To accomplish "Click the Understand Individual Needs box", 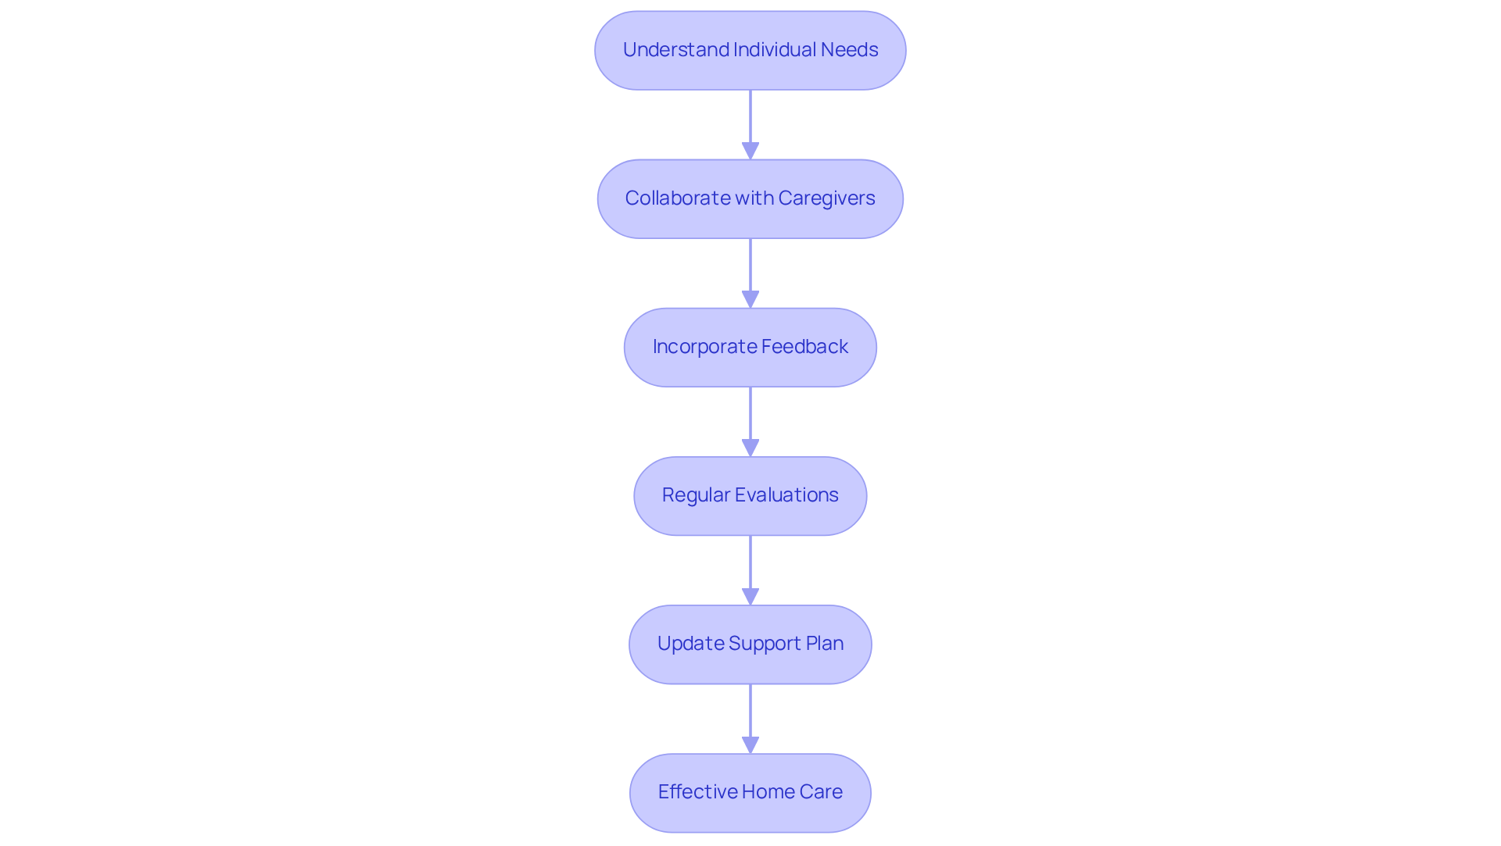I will coord(750,50).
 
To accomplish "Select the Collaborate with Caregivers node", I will coord(750,198).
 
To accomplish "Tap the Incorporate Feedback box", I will coord(750,347).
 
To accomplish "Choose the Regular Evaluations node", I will coord(750,495).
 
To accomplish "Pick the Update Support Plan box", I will coord(750,644).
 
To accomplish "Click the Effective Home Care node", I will coord(750,792).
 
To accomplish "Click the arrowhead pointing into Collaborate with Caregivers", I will coord(750,151).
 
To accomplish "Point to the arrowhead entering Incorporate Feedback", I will coord(750,299).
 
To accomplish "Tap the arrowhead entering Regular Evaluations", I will coord(750,448).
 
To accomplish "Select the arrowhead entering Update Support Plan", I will coord(750,596).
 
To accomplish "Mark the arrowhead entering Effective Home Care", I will coord(750,744).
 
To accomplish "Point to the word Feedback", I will coord(804,347).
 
